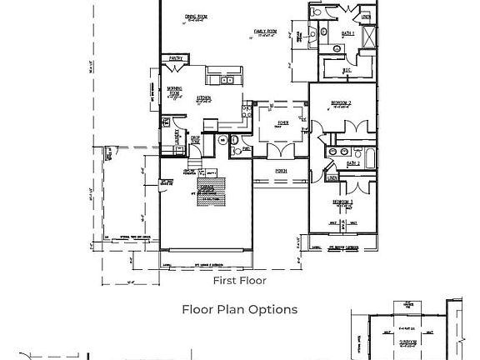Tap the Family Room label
(x=267, y=31)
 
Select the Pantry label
(x=176, y=58)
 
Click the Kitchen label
(x=203, y=98)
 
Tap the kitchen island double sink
(x=226, y=80)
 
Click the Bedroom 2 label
(x=340, y=102)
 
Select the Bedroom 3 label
(x=342, y=202)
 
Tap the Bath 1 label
(x=347, y=33)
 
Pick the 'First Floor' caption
(x=239, y=281)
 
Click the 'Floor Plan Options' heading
(x=239, y=309)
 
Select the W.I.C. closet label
(x=345, y=71)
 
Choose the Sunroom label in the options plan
(x=408, y=341)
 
